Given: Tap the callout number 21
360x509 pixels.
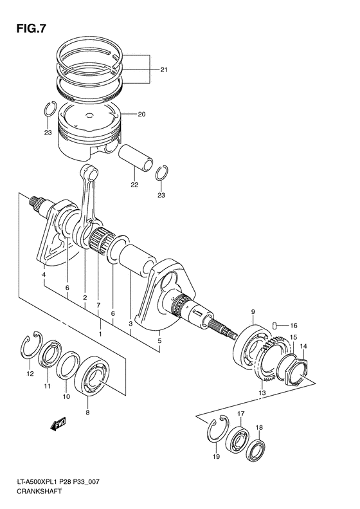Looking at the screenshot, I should click(164, 69).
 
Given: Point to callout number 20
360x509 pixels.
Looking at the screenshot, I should click(141, 115).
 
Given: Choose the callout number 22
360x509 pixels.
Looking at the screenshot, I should click(134, 185).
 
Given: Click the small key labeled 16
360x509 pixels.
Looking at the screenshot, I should click(274, 324).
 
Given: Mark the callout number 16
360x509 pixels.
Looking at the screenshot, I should click(293, 324).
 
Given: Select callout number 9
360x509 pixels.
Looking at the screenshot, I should click(253, 312).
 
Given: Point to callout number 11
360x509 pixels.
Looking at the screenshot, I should click(47, 386).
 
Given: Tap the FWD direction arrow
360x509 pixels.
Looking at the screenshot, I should click(56, 423).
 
